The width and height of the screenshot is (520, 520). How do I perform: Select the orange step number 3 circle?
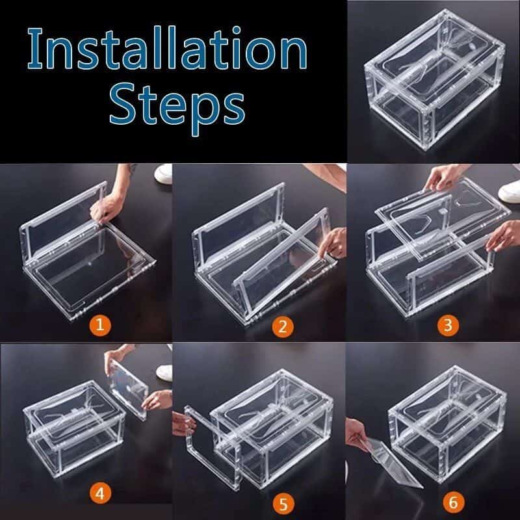pyautogui.click(x=445, y=325)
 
